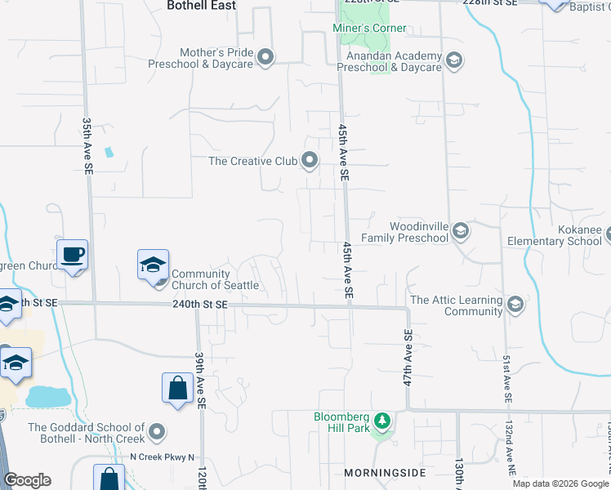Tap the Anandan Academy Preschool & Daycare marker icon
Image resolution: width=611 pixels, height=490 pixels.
click(x=453, y=60)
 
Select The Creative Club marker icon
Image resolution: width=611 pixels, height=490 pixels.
click(x=310, y=160)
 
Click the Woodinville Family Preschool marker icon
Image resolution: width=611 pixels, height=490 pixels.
click(x=460, y=232)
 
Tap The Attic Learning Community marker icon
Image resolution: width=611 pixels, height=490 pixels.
click(x=515, y=305)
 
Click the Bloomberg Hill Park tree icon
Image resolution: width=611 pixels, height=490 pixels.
click(x=381, y=422)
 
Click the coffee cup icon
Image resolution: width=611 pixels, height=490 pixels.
click(x=72, y=255)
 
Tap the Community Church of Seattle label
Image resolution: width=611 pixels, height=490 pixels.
click(x=215, y=279)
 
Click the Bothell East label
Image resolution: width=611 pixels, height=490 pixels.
click(x=201, y=6)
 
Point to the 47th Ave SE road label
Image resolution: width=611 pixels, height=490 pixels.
click(x=407, y=358)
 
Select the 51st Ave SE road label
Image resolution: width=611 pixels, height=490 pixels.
click(x=506, y=377)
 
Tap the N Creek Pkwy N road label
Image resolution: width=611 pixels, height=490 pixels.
click(x=163, y=457)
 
